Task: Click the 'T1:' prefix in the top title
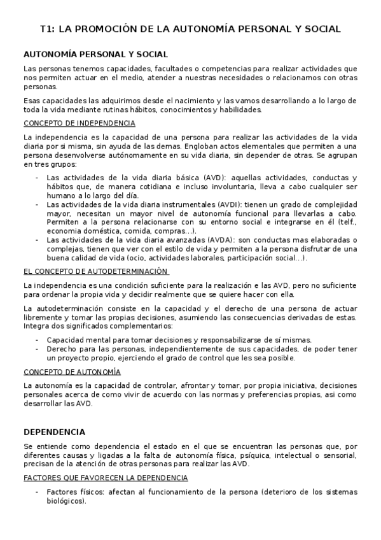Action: [x=48, y=29]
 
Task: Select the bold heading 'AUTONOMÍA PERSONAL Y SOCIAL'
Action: [x=95, y=55]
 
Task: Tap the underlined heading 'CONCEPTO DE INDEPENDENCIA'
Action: [x=79, y=123]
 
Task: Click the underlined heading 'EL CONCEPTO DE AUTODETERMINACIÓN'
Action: [x=94, y=272]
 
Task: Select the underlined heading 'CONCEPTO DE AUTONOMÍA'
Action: [x=72, y=372]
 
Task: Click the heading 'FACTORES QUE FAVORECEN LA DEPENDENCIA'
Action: [x=105, y=478]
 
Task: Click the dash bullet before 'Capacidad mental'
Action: [x=38, y=340]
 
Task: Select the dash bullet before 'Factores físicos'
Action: [x=38, y=492]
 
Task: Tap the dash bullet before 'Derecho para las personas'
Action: [x=38, y=349]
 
